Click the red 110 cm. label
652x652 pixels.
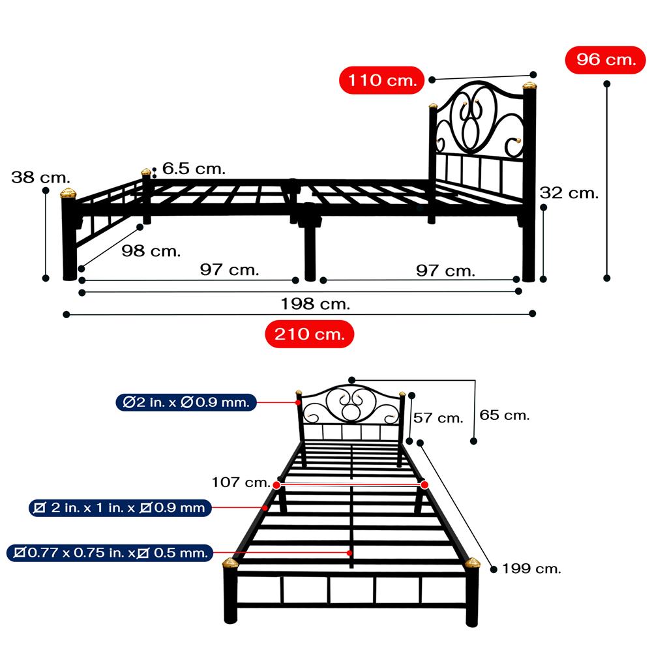coord(381,80)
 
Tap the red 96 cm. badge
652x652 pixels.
coord(605,60)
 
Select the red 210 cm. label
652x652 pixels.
coord(309,334)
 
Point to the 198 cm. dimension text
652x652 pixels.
coord(315,304)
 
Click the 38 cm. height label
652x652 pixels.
coord(40,177)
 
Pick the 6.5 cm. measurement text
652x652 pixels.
coord(194,168)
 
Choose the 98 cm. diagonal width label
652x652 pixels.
coord(151,251)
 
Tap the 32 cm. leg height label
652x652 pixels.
coord(569,193)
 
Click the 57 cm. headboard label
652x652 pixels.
coord(438,417)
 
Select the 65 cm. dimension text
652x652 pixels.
coord(505,415)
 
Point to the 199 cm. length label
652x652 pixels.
coord(531,569)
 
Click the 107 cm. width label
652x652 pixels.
coord(241,482)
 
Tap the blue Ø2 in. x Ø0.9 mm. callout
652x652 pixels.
coord(186,402)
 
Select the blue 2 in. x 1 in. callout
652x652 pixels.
coord(120,508)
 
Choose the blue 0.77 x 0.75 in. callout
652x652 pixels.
coord(110,553)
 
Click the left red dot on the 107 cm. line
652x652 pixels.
coord(277,485)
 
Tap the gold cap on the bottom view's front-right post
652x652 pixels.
coord(472,563)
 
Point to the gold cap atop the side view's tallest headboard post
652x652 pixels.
coord(529,86)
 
